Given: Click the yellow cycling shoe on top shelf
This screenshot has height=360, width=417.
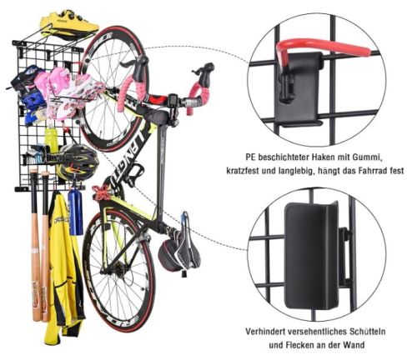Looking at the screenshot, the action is click(68, 24).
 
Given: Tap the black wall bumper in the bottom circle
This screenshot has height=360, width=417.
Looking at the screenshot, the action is click(311, 256).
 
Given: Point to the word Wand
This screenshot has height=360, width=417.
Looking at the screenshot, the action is click(354, 345).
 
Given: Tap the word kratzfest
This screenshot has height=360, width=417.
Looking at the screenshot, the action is click(243, 171).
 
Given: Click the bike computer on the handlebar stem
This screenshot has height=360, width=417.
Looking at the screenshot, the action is click(174, 100).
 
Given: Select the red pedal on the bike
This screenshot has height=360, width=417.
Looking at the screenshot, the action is click(100, 192).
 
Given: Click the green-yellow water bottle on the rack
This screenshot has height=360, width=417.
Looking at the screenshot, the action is click(51, 139).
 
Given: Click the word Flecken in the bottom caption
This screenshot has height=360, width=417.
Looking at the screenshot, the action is click(300, 345).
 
